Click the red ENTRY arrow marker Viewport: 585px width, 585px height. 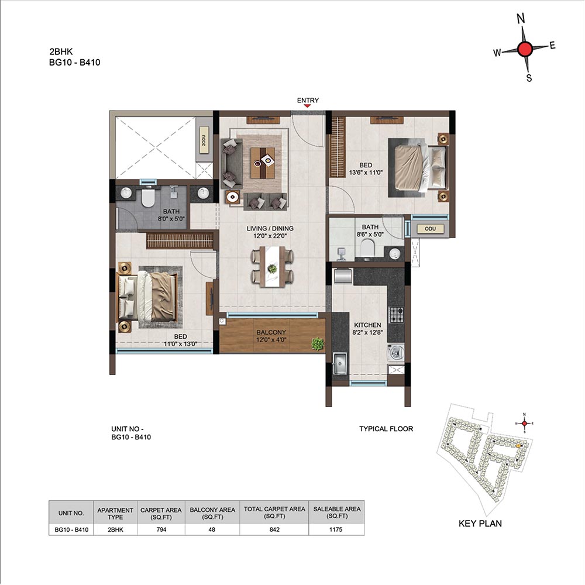coord(307,106)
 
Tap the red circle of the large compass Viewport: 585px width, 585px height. coord(525,49)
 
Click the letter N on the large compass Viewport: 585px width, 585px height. coord(521,18)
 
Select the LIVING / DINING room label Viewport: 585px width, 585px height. coord(270,228)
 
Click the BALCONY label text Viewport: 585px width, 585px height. coord(271,332)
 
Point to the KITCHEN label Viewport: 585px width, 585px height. coord(367,325)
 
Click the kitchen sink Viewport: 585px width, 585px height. coord(340,363)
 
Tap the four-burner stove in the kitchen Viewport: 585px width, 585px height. coord(396,315)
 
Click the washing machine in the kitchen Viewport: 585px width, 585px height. coord(396,353)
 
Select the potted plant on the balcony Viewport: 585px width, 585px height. coord(318,343)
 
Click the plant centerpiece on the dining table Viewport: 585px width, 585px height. coord(273,269)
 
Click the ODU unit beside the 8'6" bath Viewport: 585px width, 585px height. coord(430,229)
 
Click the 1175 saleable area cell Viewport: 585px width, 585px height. coord(336,529)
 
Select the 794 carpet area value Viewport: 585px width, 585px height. coord(161,529)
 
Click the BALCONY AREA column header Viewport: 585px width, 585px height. coord(212,513)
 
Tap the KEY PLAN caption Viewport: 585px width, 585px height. coord(480,524)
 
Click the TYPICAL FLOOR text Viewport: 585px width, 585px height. coord(386,429)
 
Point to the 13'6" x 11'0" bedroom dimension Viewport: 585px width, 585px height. coord(366,173)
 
